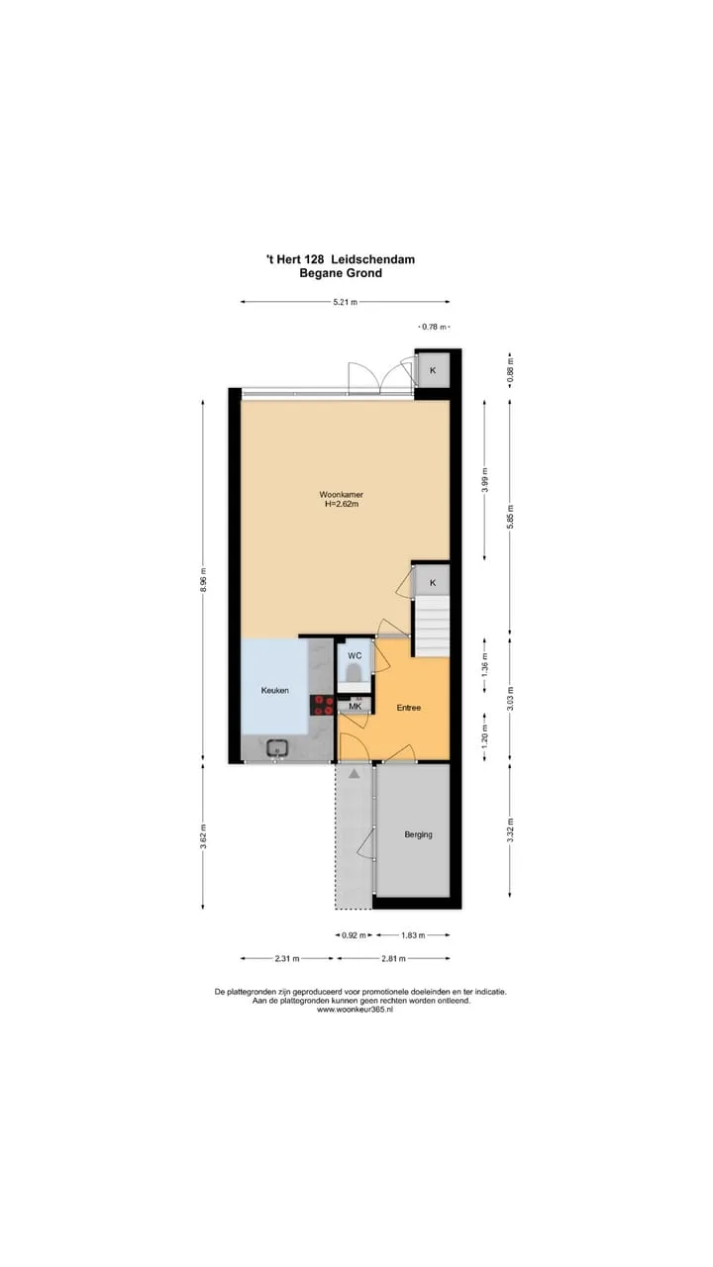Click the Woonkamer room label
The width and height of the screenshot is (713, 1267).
tap(341, 494)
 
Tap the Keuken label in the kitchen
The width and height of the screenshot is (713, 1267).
tap(275, 690)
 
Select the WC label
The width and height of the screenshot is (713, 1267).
tap(355, 655)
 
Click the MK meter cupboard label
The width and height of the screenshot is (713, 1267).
tap(355, 707)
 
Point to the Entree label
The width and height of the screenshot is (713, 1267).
tap(409, 708)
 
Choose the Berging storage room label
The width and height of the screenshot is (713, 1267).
tap(418, 834)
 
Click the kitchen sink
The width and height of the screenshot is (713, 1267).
tap(278, 747)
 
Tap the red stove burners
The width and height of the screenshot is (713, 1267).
tap(321, 706)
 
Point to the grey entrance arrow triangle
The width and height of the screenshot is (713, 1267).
tap(355, 774)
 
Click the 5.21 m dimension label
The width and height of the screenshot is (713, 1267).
tap(346, 302)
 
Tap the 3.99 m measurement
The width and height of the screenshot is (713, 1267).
tap(484, 480)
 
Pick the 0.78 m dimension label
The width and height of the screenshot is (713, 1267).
tap(434, 327)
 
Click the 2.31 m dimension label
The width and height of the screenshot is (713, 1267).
tap(287, 958)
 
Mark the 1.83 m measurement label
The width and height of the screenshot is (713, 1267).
tap(413, 935)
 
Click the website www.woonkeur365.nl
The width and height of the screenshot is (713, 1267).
tap(355, 1009)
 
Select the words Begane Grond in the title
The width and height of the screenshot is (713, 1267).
tap(341, 273)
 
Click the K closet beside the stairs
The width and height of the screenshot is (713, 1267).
tap(433, 583)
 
